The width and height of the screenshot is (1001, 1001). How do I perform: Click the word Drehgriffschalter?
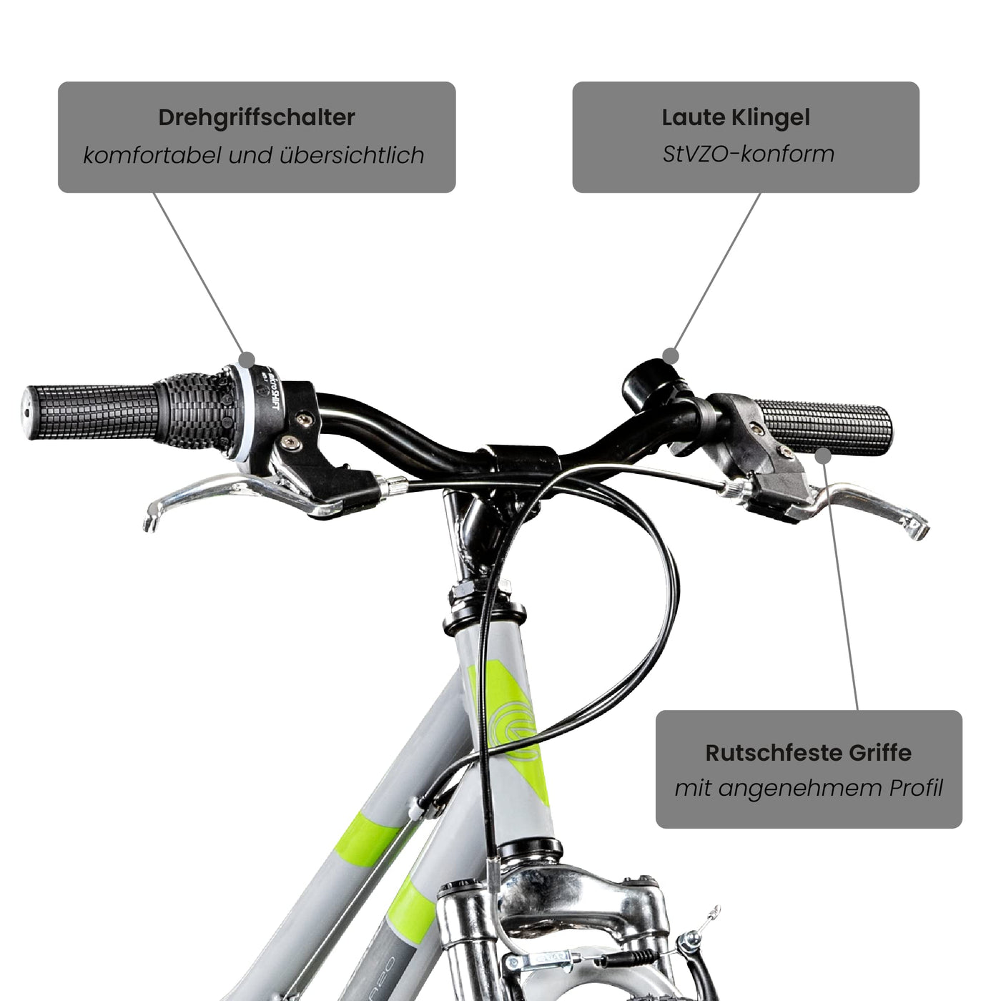click(256, 117)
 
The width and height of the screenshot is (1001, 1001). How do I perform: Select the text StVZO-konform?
click(748, 154)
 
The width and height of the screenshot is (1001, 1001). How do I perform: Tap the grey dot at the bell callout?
click(670, 355)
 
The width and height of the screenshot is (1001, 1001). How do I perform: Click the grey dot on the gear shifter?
click(247, 359)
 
